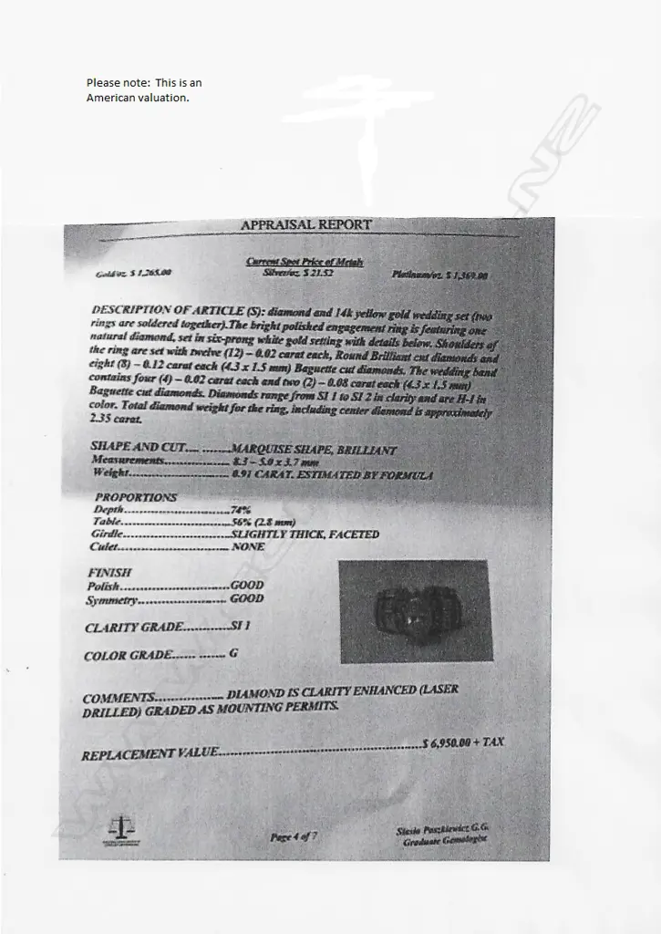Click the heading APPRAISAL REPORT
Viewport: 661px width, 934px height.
click(306, 225)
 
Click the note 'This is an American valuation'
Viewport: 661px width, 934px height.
click(144, 90)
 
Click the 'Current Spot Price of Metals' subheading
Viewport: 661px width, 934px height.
click(305, 262)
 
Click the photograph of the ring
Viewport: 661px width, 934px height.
click(416, 610)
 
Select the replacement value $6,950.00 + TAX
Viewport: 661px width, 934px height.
click(463, 743)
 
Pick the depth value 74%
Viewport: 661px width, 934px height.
click(241, 510)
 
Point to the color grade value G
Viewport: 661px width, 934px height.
click(233, 654)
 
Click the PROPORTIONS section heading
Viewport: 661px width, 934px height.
click(136, 498)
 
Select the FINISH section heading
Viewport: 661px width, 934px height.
click(108, 573)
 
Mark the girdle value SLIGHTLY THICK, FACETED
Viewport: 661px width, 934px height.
click(305, 534)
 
